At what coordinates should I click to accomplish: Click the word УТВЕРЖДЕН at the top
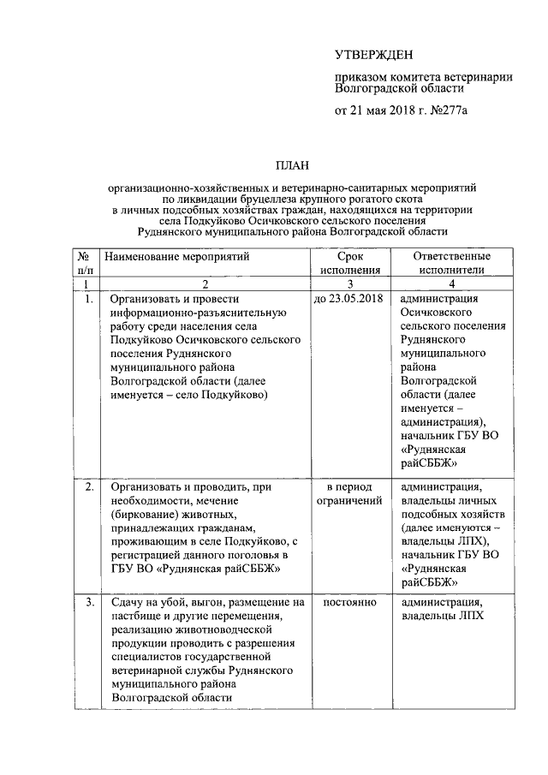click(x=373, y=56)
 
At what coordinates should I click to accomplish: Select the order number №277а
click(x=451, y=110)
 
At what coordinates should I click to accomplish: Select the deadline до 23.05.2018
click(x=349, y=299)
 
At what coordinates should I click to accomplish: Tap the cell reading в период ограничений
click(x=350, y=493)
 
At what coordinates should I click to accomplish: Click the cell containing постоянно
click(x=350, y=602)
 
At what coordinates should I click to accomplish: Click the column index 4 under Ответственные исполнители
click(x=451, y=283)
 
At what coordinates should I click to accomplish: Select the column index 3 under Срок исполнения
click(x=350, y=283)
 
